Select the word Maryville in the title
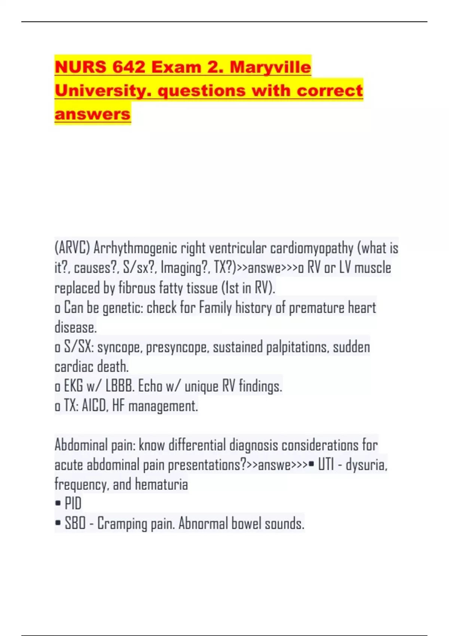[x=270, y=67]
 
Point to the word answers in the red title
[x=92, y=114]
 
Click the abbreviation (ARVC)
[x=73, y=248]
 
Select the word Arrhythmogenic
[x=135, y=248]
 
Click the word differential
[x=197, y=445]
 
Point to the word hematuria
[x=162, y=484]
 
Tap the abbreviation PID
[x=73, y=504]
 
